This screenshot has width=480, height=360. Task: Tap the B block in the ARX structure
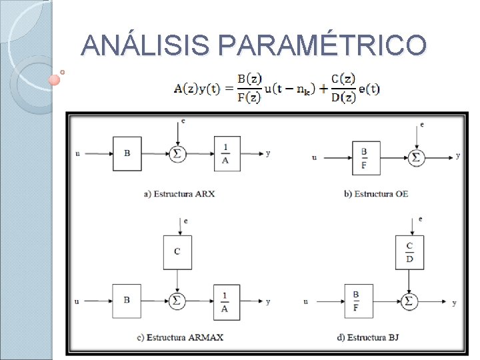[127, 153]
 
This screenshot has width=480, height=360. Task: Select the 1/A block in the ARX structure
[227, 153]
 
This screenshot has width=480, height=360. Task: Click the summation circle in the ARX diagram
[177, 153]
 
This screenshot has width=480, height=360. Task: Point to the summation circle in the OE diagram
[417, 157]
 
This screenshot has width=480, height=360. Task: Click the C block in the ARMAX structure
[177, 252]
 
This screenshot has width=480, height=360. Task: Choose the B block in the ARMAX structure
[127, 301]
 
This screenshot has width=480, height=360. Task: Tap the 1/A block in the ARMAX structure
[227, 302]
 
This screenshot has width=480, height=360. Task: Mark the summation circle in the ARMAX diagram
[177, 301]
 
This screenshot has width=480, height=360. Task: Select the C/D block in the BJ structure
[409, 252]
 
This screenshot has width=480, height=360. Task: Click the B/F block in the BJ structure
[358, 301]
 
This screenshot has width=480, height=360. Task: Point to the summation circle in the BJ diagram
[409, 301]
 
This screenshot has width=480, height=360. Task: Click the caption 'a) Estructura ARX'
[179, 194]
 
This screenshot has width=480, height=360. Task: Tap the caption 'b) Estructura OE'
[376, 194]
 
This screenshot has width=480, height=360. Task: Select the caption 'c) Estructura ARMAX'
[180, 337]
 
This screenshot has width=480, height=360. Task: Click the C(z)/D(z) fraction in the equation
[343, 89]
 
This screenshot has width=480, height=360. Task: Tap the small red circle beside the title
[55, 80]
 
